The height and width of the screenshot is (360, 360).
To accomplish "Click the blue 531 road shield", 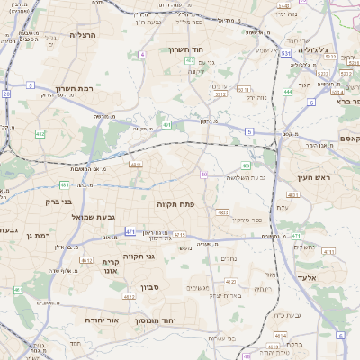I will pos(284,54).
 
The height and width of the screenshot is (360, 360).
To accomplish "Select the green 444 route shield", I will pos(287,92).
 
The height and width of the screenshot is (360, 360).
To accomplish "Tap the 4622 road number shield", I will pos(128,295).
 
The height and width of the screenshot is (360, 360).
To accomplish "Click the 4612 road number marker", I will pos(85,260).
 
